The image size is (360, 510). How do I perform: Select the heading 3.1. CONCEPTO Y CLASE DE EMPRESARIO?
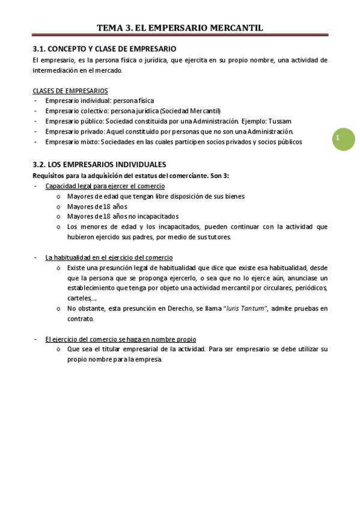pyautogui.click(x=104, y=49)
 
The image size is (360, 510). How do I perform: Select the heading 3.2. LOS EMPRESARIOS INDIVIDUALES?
pyautogui.click(x=99, y=164)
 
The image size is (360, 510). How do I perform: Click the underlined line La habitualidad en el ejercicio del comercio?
pyautogui.click(x=109, y=257)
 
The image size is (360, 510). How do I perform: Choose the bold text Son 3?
pyautogui.click(x=218, y=175)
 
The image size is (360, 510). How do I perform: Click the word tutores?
pyautogui.click(x=218, y=237)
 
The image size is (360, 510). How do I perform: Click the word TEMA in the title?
pyautogui.click(x=110, y=28)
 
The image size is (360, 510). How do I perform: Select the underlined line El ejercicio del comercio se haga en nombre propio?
pyautogui.click(x=120, y=339)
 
